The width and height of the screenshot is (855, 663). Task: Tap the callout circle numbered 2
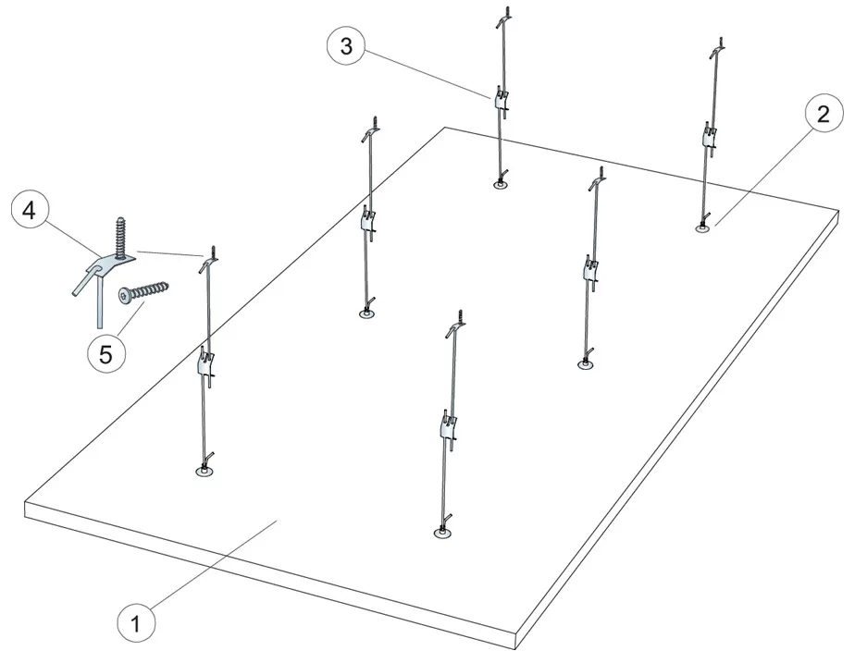pos(816,116)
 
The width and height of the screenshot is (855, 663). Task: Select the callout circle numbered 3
pos(345,47)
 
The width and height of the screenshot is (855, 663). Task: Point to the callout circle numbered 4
pos(29,211)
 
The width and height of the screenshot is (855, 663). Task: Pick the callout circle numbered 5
pos(106,353)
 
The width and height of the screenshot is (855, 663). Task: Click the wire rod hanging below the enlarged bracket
pos(96,305)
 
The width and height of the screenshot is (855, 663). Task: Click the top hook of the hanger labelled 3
pos(502,17)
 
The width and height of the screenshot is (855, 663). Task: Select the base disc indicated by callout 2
pos(703,227)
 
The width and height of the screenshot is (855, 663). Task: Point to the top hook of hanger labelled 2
pos(716,43)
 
